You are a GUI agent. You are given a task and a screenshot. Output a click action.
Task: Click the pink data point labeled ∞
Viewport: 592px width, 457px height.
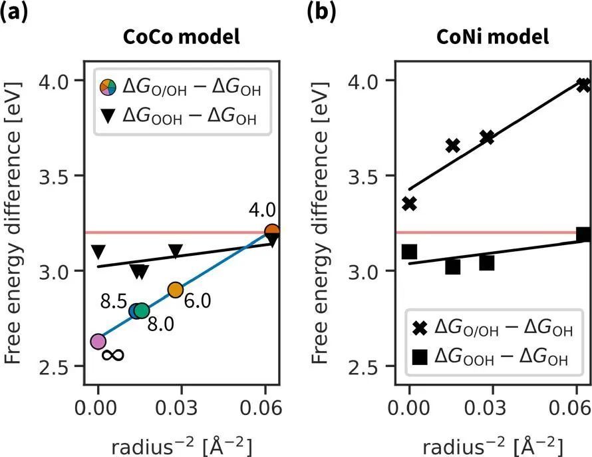(x=98, y=341)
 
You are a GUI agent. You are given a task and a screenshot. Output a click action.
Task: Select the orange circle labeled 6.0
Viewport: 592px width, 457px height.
(x=175, y=289)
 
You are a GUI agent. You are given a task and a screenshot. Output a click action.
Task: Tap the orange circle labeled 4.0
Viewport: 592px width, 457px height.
(x=271, y=232)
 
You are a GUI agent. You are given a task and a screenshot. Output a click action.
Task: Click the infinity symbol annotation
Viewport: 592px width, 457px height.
(x=113, y=355)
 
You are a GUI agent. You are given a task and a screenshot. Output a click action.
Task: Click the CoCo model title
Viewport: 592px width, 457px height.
(x=182, y=37)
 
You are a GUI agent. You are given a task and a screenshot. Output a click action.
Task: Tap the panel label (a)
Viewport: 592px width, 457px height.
(x=14, y=13)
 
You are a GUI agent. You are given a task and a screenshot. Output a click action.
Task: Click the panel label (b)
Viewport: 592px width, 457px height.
(x=321, y=13)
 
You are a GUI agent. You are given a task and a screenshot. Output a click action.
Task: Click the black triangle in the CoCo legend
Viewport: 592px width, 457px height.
(x=108, y=118)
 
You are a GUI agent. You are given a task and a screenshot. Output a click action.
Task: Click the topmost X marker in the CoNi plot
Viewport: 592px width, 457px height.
(x=583, y=85)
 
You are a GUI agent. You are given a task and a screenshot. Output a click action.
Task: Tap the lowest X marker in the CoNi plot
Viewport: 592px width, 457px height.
(x=409, y=203)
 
